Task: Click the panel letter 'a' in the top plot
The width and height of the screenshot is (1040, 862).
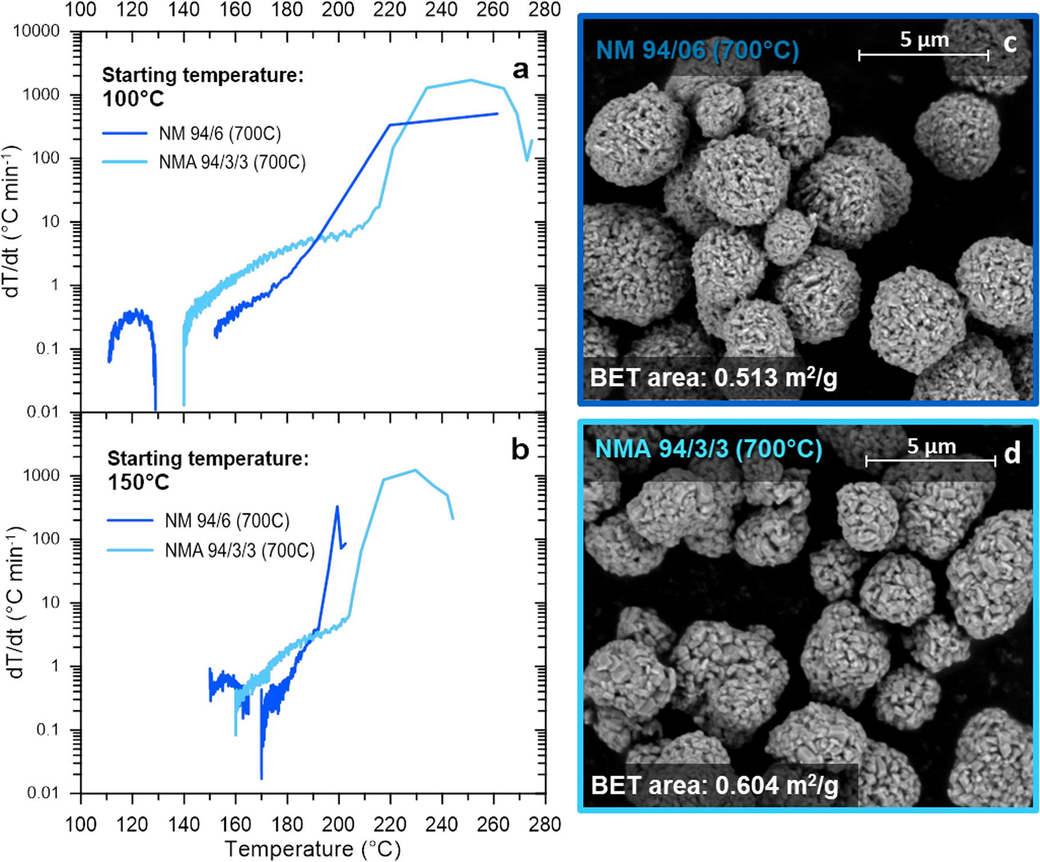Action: tap(520, 70)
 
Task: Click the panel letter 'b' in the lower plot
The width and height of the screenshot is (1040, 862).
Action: tap(520, 450)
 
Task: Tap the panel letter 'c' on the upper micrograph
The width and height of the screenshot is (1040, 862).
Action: tap(1010, 43)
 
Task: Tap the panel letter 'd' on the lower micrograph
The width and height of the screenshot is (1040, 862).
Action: tap(1012, 454)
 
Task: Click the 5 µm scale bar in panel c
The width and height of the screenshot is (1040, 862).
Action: tap(923, 55)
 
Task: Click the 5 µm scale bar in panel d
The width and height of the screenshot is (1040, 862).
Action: tap(931, 460)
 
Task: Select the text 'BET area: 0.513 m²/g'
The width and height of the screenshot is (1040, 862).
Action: tap(713, 378)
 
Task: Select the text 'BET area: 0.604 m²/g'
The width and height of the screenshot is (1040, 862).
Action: tap(714, 785)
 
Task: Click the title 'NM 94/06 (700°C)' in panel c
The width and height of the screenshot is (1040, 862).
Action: tap(697, 50)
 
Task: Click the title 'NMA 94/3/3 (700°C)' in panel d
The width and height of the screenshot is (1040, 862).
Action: tap(709, 449)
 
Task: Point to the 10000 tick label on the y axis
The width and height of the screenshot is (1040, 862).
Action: tap(37, 31)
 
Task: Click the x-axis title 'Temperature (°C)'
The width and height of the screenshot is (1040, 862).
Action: tap(313, 848)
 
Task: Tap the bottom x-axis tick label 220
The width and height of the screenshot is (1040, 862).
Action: tap(390, 824)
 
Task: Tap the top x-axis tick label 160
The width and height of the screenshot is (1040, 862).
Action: tap(235, 10)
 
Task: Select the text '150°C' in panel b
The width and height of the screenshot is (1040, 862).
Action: tap(139, 483)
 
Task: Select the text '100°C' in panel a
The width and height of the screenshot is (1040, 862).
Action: tap(133, 99)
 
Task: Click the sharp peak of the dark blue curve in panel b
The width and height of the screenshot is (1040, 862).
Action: tap(337, 507)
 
